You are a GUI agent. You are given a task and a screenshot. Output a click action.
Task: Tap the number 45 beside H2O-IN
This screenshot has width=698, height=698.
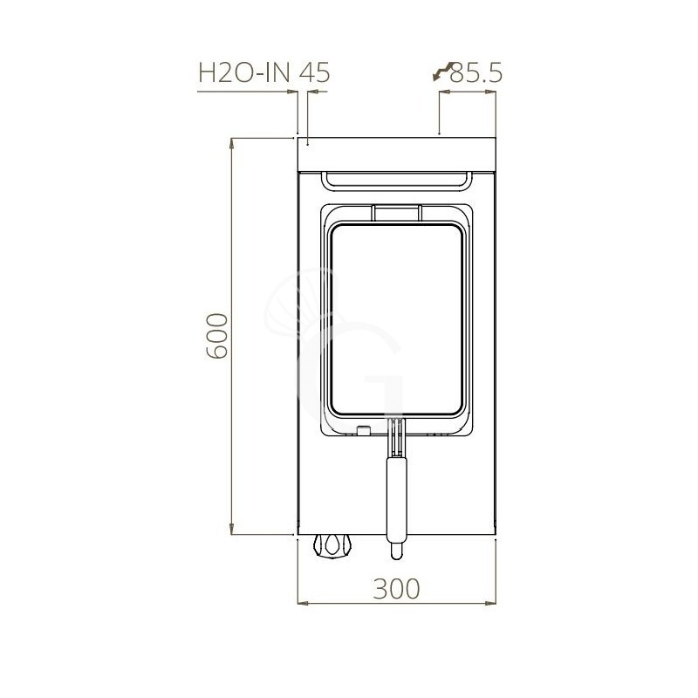click(x=314, y=73)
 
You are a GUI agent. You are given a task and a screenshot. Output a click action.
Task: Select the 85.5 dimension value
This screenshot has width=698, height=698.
click(x=476, y=73)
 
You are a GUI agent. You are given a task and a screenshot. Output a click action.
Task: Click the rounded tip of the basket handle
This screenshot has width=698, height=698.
click(x=397, y=550)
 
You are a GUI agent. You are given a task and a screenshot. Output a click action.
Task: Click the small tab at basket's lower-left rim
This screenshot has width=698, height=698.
click(x=361, y=428)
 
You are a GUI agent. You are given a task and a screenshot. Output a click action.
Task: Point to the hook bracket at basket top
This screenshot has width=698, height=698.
click(x=397, y=212)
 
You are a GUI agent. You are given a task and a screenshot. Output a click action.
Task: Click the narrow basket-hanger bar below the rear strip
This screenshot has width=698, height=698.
click(x=397, y=181)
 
